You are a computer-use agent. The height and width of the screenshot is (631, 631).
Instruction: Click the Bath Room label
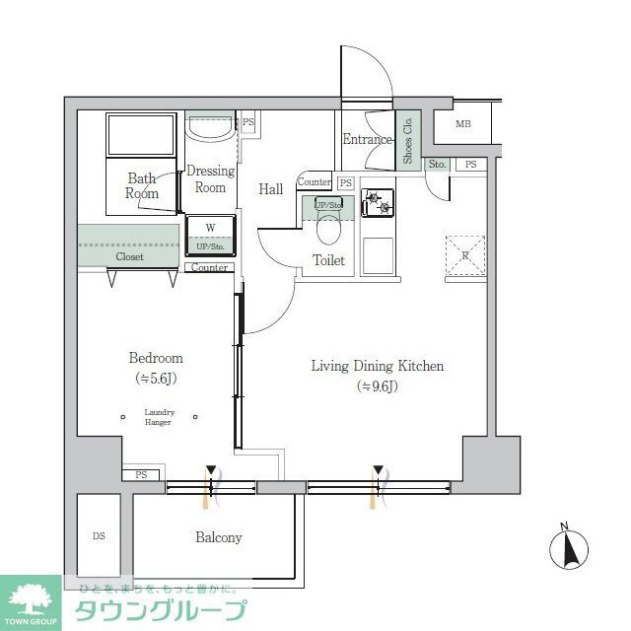tap(141, 186)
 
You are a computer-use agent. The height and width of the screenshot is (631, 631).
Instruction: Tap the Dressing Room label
tap(210, 178)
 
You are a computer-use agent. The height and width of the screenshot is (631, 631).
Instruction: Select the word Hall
tap(271, 188)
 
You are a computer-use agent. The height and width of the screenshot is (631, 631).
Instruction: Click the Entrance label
tap(367, 139)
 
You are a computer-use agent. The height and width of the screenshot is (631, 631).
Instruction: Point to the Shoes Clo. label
tap(408, 139)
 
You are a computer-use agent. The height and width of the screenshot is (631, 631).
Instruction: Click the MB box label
tap(463, 124)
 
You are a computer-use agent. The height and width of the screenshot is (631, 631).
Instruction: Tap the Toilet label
tap(328, 260)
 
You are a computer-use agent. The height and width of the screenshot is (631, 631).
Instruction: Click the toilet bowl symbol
tap(328, 230)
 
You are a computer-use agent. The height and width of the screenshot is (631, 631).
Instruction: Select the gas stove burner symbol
tap(377, 203)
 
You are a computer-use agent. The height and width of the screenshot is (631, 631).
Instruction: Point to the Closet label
tap(129, 256)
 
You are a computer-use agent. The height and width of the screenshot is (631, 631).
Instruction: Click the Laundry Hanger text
tap(158, 417)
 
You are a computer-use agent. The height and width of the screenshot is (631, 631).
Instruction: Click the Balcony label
tap(218, 537)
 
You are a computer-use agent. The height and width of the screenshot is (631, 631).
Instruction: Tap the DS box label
tap(99, 536)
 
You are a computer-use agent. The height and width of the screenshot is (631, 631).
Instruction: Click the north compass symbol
tap(569, 547)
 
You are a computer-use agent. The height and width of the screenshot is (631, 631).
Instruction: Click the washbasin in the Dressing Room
tap(210, 130)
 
